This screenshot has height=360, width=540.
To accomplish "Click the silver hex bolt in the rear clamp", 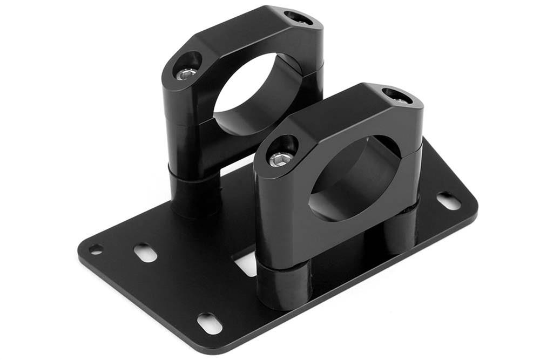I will [186, 74].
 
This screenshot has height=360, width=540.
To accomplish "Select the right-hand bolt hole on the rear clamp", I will [298, 18].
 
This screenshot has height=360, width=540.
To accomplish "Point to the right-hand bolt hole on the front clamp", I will [397, 96].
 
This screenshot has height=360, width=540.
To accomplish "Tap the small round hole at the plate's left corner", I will [96, 249].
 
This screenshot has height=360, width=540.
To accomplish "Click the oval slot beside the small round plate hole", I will [145, 252].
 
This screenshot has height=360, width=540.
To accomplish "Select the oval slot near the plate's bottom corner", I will [209, 323].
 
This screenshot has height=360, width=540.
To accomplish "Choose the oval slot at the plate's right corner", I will [448, 201].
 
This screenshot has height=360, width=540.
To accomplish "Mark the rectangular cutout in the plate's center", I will [246, 264].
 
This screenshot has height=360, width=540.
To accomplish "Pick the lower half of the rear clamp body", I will [189, 140].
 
